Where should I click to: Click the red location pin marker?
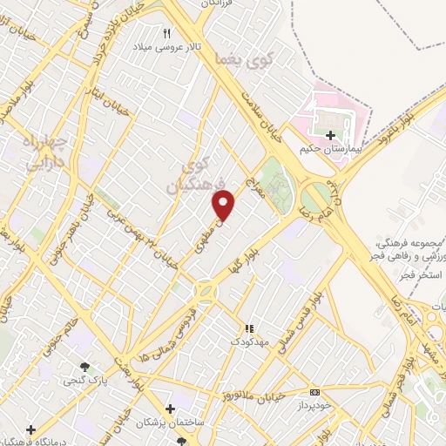point(225,205)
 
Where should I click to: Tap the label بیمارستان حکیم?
point(330,150)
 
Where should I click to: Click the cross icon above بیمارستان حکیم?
point(330,135)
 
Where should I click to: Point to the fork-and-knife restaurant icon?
point(167,32)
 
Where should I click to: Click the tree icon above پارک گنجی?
point(84,368)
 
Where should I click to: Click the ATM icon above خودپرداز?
point(314,392)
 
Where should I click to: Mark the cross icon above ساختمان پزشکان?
point(171,408)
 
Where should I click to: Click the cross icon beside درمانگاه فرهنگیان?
point(31,429)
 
